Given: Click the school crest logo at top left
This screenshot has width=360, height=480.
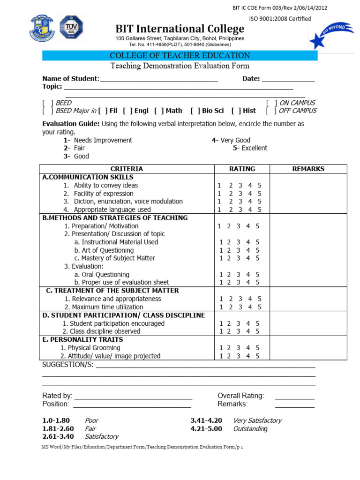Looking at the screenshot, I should (43, 28).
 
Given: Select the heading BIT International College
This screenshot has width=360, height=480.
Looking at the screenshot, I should (180, 29).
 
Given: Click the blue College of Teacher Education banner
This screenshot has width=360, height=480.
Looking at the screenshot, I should (180, 56).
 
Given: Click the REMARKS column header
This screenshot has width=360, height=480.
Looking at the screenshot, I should (308, 169).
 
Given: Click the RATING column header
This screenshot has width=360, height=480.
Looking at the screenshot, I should (242, 169).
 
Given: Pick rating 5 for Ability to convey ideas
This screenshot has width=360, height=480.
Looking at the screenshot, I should (260, 186).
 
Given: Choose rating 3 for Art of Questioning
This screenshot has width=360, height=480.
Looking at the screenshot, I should (239, 250).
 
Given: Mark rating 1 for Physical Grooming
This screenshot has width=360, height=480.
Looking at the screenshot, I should (221, 348).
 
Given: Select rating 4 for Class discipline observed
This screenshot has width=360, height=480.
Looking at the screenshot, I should (250, 331).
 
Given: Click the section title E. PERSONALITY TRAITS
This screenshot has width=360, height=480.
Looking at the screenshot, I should (82, 339).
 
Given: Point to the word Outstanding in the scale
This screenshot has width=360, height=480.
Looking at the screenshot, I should (251, 429).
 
